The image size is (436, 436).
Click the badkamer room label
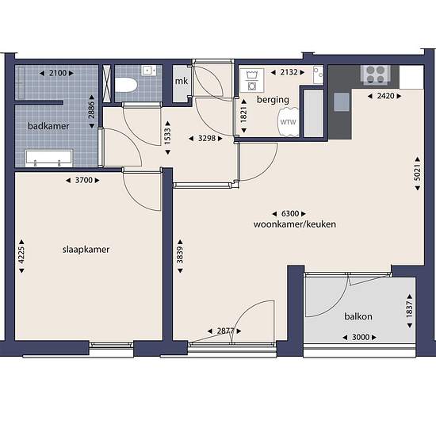48,126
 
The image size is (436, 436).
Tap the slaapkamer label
86,250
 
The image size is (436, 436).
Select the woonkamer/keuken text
295,224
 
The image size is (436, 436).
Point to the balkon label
358,316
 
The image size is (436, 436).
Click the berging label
273,100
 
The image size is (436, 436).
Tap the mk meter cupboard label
182,81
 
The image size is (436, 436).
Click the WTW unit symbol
288,122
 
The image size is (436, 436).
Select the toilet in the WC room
126,85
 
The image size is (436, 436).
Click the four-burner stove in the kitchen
376,75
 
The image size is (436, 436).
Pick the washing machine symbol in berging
251,80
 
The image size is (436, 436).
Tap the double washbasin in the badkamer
48,159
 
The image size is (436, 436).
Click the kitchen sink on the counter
342,102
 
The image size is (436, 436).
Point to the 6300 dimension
289,213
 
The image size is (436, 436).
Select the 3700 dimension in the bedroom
83,180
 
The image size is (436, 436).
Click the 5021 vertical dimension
417,174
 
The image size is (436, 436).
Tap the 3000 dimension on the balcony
360,337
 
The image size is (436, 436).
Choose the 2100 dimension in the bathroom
57,73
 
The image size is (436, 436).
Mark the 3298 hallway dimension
206,138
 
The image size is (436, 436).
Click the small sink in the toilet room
149,71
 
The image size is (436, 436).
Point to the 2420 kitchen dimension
384,96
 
